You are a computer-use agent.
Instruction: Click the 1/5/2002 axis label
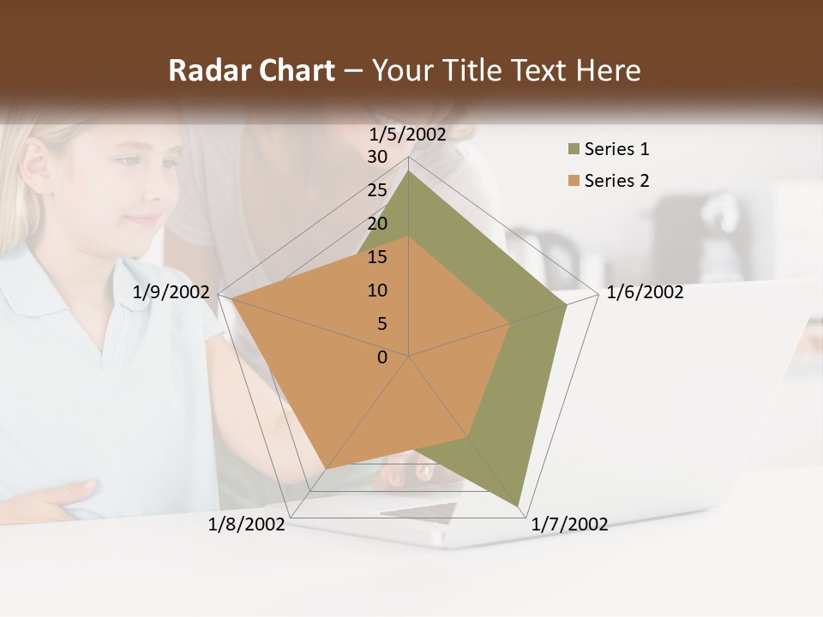pyautogui.click(x=408, y=134)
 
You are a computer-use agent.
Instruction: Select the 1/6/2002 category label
pyautogui.click(x=645, y=292)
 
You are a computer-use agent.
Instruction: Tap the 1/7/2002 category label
pyautogui.click(x=569, y=524)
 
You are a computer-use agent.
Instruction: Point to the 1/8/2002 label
pyautogui.click(x=246, y=524)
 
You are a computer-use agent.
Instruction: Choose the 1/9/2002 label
pyautogui.click(x=171, y=292)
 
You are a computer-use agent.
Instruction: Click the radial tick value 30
pyautogui.click(x=377, y=157)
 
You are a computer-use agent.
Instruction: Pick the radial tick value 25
pyautogui.click(x=377, y=190)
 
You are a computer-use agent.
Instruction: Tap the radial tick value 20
pyautogui.click(x=377, y=224)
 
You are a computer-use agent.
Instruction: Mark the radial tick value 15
pyautogui.click(x=377, y=257)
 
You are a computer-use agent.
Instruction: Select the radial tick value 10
pyautogui.click(x=377, y=291)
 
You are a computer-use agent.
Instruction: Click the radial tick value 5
pyautogui.click(x=381, y=324)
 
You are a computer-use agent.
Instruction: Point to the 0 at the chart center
pyautogui.click(x=382, y=357)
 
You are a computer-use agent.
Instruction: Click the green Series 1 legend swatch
pyautogui.click(x=574, y=150)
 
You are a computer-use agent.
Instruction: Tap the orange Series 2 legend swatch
pyautogui.click(x=574, y=181)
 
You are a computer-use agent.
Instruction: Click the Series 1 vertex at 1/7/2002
pyautogui.click(x=519, y=505)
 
